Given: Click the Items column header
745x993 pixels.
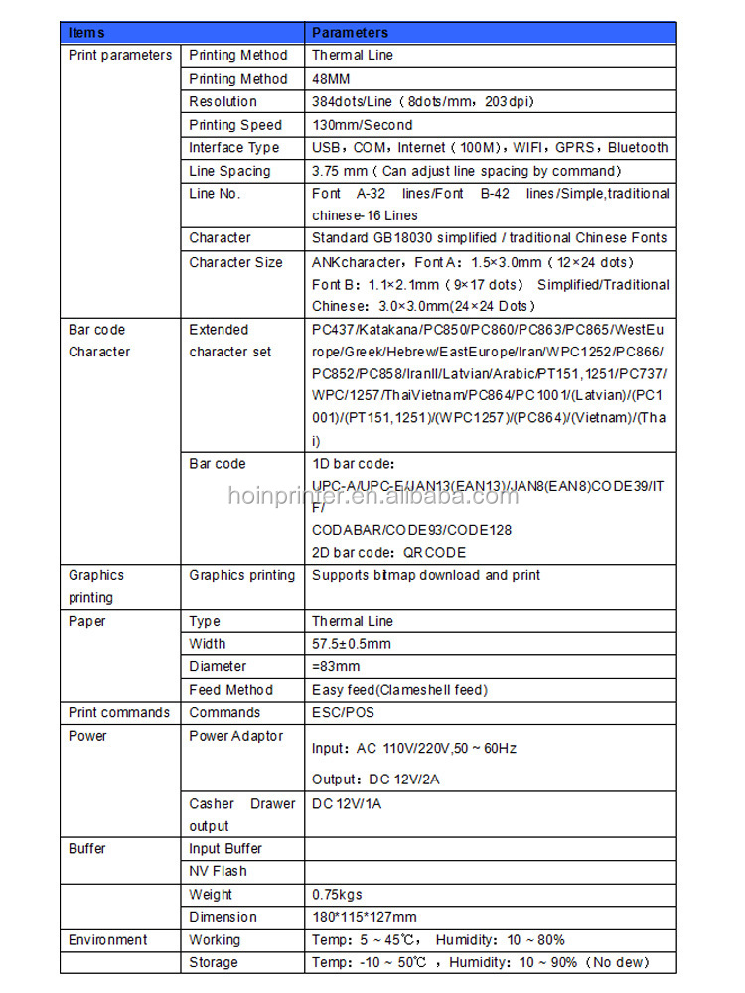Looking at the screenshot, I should pyautogui.click(x=86, y=33).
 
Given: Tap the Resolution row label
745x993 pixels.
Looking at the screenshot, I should pyautogui.click(x=223, y=101).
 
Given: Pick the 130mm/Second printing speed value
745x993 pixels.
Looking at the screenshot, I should pyautogui.click(x=362, y=125).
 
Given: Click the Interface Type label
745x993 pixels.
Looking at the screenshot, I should pyautogui.click(x=234, y=147).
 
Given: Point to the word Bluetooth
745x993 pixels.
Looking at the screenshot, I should pyautogui.click(x=639, y=147).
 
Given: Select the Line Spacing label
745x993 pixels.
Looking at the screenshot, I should pyautogui.click(x=229, y=171).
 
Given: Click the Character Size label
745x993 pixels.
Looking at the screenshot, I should pyautogui.click(x=235, y=262).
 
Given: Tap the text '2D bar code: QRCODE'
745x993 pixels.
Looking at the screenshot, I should pyautogui.click(x=388, y=552).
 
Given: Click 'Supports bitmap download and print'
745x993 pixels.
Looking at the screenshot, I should pyautogui.click(x=426, y=575).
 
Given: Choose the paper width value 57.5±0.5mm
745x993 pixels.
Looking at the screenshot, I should pyautogui.click(x=352, y=643).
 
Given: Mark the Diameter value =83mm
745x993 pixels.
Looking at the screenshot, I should pyautogui.click(x=336, y=666).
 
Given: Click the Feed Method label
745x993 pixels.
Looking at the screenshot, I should pyautogui.click(x=231, y=689).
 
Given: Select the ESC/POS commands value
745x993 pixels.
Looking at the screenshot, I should pyautogui.click(x=344, y=712).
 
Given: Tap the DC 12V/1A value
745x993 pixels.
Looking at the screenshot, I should pyautogui.click(x=347, y=803).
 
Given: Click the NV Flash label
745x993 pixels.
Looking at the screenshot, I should pyautogui.click(x=219, y=871).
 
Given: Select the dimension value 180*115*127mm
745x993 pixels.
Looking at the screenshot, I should pyautogui.click(x=365, y=917).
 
